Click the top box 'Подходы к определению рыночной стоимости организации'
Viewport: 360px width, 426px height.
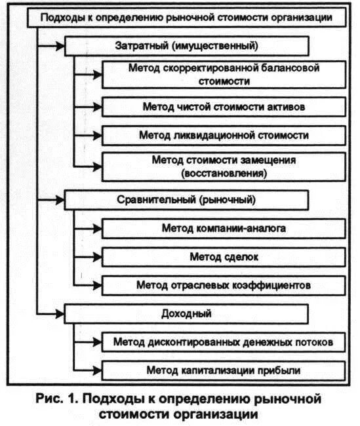point(186,18)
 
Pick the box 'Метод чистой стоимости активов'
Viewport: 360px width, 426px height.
point(222,106)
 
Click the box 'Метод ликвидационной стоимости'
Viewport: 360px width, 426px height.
point(222,135)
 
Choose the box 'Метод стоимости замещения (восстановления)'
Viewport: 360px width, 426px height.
point(222,166)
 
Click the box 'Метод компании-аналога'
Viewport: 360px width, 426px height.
point(222,227)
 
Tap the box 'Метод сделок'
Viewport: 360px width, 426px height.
point(222,256)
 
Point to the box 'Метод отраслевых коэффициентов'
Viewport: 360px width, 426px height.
point(222,285)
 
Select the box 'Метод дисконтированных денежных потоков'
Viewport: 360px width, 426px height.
point(222,342)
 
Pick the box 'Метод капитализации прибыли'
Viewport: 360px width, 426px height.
point(222,370)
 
